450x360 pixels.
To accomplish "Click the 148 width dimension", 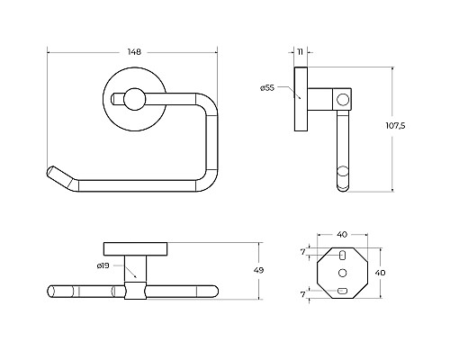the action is click(134, 52).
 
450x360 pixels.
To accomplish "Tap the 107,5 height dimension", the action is click(395, 125).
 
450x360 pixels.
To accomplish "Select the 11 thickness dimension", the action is click(301, 52).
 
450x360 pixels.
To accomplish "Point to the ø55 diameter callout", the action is click(267, 88).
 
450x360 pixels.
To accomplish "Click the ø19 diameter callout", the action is click(103, 265).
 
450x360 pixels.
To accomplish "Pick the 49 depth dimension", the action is click(258, 270).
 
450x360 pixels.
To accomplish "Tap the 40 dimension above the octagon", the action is click(342, 234).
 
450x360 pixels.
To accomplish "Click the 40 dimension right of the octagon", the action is click(380, 273).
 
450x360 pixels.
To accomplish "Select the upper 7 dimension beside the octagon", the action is click(303, 252).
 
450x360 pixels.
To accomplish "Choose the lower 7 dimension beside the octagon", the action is click(303, 294).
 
